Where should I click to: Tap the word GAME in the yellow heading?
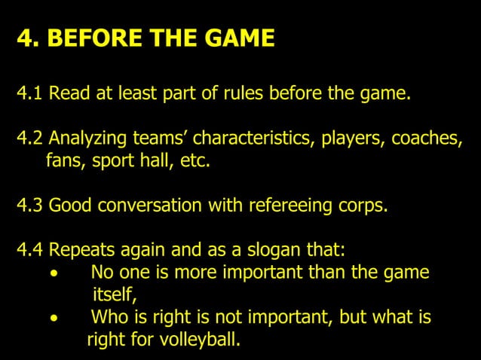point(235,38)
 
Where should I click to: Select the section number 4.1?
point(30,95)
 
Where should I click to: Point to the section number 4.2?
point(30,139)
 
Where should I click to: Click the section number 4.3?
point(30,206)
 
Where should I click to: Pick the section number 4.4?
point(30,250)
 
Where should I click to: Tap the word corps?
point(365,206)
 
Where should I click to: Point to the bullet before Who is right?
point(53,318)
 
